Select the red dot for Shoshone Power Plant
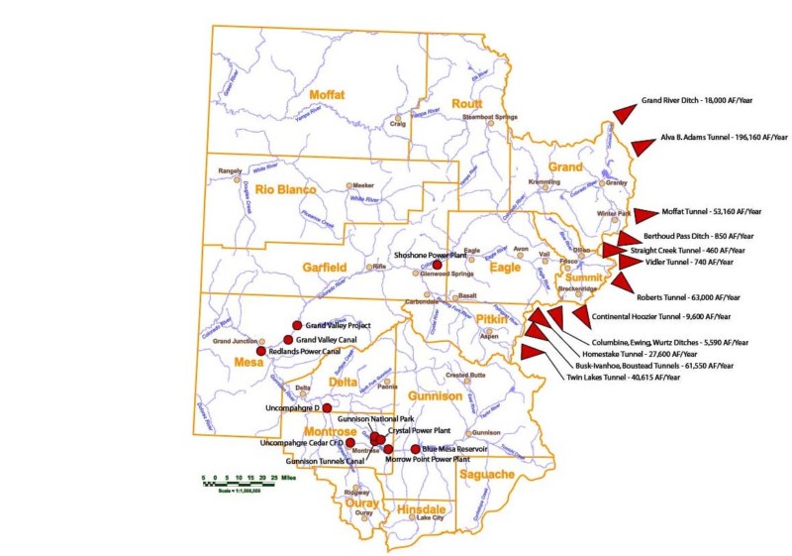click(x=437, y=265)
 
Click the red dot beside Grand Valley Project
click(x=296, y=325)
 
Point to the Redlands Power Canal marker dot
click(x=261, y=351)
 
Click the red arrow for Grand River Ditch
click(x=625, y=113)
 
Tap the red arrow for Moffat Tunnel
click(x=645, y=213)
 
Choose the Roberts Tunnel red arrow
click(x=621, y=282)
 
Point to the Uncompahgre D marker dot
click(x=327, y=407)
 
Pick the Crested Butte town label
click(x=465, y=376)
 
